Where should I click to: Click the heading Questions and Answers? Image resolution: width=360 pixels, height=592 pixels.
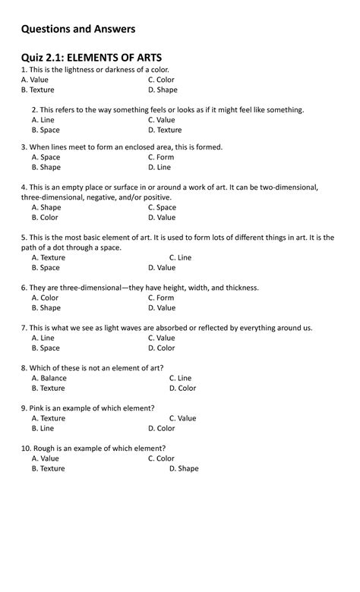pyautogui.click(x=78, y=29)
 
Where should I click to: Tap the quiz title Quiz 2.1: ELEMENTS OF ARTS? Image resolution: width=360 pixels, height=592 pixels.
pyautogui.click(x=91, y=57)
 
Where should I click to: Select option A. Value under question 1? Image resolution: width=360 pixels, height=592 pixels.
pyautogui.click(x=35, y=80)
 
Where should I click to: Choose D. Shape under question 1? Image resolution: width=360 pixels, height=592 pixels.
pyautogui.click(x=163, y=90)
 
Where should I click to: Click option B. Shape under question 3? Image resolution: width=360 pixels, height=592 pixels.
pyautogui.click(x=46, y=167)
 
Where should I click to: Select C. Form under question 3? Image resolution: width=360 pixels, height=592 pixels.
pyautogui.click(x=161, y=157)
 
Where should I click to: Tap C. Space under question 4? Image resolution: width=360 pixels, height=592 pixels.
pyautogui.click(x=162, y=207)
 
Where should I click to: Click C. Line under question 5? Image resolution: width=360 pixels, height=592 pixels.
pyautogui.click(x=180, y=257)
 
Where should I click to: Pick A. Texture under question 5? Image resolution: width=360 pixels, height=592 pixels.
pyautogui.click(x=49, y=257)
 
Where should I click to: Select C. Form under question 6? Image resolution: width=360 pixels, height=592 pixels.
pyautogui.click(x=161, y=298)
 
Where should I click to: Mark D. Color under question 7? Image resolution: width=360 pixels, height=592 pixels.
pyautogui.click(x=162, y=348)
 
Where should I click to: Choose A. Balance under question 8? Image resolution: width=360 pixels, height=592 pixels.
pyautogui.click(x=49, y=378)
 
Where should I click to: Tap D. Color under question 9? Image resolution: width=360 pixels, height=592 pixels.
pyautogui.click(x=182, y=428)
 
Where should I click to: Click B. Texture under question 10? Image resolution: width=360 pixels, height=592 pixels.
pyautogui.click(x=49, y=468)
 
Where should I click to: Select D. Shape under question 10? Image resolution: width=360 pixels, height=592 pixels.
pyautogui.click(x=184, y=468)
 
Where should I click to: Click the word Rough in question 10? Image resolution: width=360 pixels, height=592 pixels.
pyautogui.click(x=44, y=449)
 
